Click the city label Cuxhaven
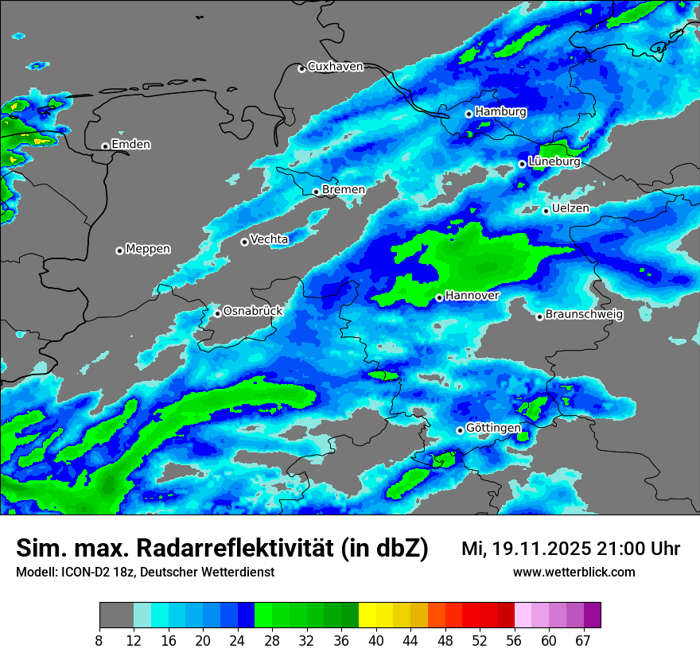[x=335, y=67]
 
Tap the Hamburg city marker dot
[x=469, y=114]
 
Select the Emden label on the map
[x=130, y=145]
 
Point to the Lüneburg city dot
[x=522, y=164]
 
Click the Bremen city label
[x=344, y=190]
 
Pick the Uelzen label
[x=570, y=208]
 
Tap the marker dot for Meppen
[x=119, y=250]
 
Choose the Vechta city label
[x=269, y=239]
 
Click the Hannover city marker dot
[x=439, y=297]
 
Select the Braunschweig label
[x=584, y=315]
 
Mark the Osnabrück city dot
[x=217, y=313]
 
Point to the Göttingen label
[x=493, y=429]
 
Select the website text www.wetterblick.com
[x=574, y=573]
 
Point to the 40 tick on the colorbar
[x=375, y=641]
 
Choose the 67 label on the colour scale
[x=583, y=641]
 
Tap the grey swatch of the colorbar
[x=116, y=615]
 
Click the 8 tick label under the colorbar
[x=99, y=641]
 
